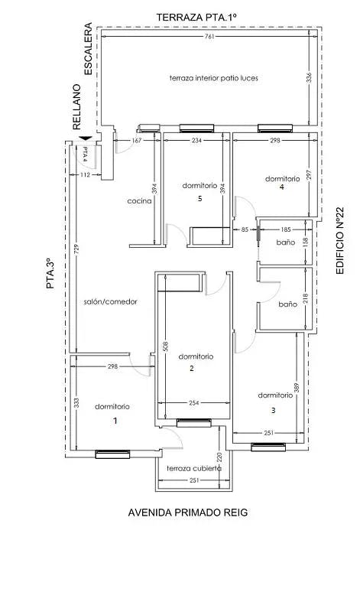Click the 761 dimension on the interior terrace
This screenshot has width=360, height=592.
click(x=209, y=37)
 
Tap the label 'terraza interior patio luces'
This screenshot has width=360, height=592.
click(x=213, y=78)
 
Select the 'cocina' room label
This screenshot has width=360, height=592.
click(x=139, y=201)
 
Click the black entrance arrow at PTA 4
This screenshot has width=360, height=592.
click(x=86, y=138)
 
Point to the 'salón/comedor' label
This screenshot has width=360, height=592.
click(x=110, y=301)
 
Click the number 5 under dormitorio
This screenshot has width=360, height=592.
click(x=200, y=198)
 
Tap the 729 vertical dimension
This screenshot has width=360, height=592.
click(x=76, y=250)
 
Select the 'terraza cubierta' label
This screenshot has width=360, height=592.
click(x=193, y=469)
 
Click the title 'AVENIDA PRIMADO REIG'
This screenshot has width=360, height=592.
click(x=188, y=512)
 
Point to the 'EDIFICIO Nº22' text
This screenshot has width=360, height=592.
click(x=339, y=240)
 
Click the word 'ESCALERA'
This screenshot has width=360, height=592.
click(x=88, y=49)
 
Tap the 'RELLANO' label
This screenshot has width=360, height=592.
click(x=76, y=107)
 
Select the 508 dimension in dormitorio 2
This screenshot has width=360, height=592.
click(x=165, y=346)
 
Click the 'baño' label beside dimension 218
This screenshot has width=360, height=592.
click(x=287, y=304)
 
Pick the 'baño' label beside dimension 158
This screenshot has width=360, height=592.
click(x=286, y=242)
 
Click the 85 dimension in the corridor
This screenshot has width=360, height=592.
click(x=245, y=229)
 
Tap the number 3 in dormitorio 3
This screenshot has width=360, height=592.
click(x=274, y=411)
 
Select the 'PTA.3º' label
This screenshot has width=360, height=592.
click(x=50, y=274)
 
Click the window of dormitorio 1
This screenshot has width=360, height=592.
click(x=112, y=454)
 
